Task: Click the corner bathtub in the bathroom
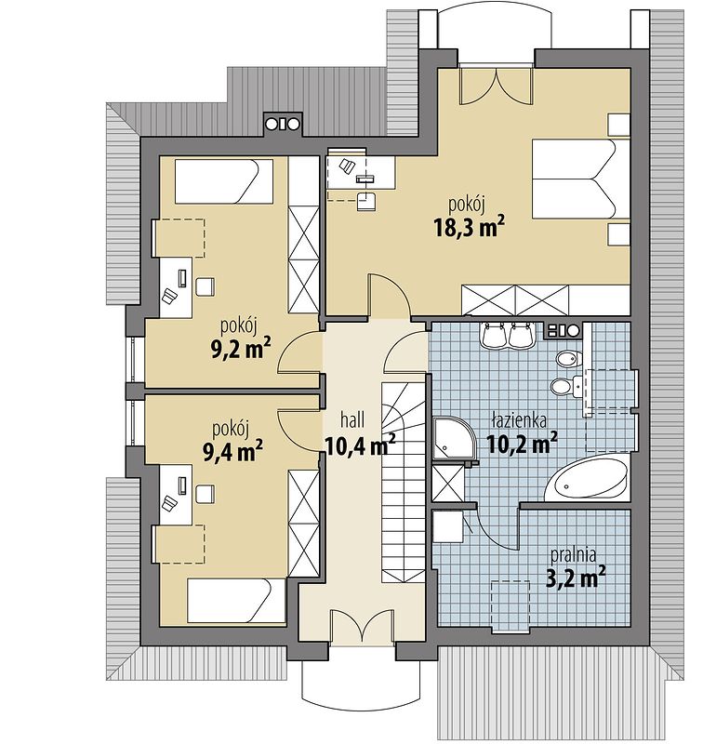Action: click(590, 478)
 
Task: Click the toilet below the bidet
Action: click(561, 386)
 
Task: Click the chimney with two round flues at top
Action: click(283, 122)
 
